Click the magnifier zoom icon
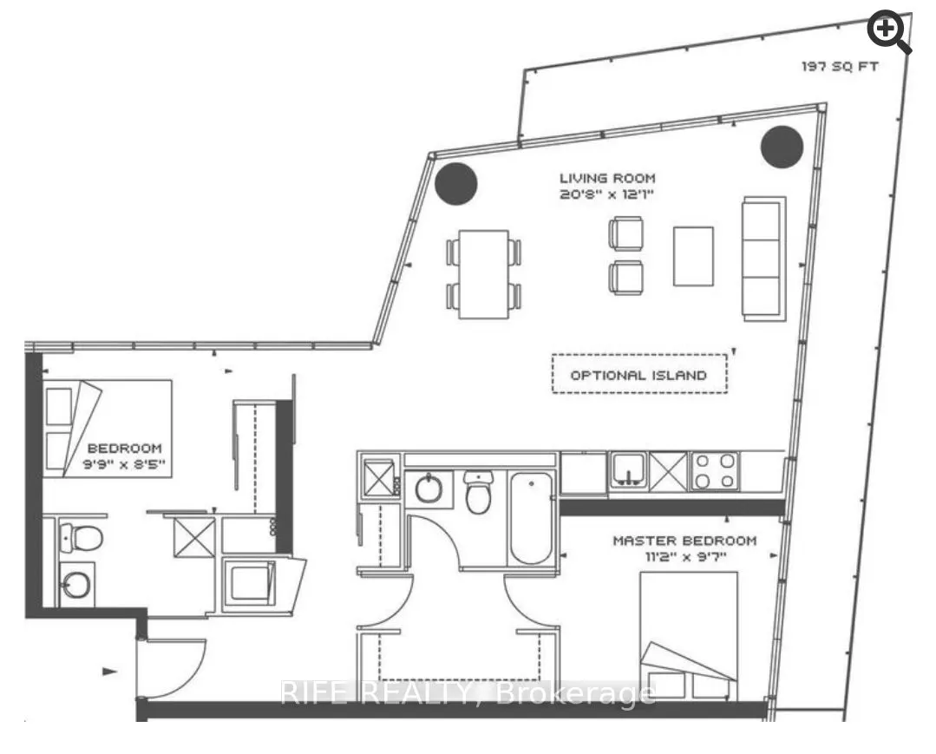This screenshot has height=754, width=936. click(x=890, y=32)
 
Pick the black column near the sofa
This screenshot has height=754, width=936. click(x=782, y=146)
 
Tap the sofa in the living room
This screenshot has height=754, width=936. click(x=763, y=258)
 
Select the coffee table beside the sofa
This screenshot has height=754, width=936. click(x=693, y=255)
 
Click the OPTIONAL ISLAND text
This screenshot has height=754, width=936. click(x=638, y=376)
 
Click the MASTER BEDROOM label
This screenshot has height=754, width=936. click(x=684, y=541)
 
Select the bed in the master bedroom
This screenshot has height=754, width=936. click(x=688, y=635)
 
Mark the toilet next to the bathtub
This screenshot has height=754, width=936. click(x=478, y=494)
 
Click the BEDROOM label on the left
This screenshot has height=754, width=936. click(x=124, y=448)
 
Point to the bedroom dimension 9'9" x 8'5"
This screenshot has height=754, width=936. click(x=124, y=465)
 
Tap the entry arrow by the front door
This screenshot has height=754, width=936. click(x=110, y=671)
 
